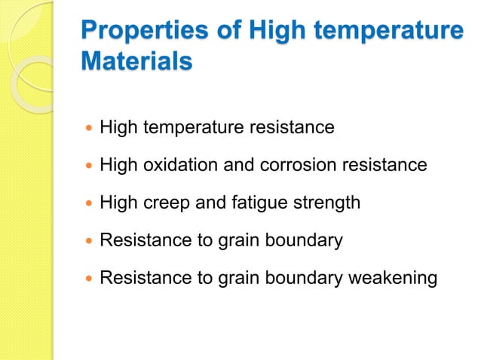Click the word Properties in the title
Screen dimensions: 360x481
pos(134,32)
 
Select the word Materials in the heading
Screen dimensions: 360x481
pos(136,63)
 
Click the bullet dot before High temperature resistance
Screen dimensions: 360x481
pos(89,128)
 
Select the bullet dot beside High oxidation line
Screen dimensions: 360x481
pos(89,166)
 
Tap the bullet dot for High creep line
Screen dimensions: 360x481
pos(89,203)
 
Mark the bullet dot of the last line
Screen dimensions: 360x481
pos(89,279)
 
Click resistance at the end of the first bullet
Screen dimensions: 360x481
pos(292,127)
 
